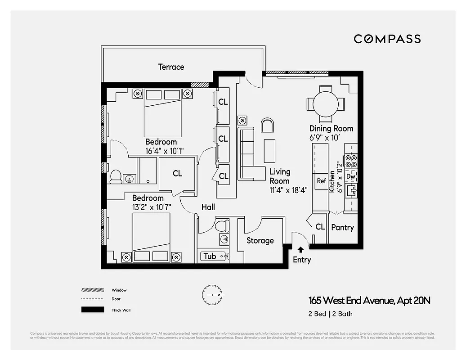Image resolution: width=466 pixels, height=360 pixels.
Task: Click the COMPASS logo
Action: (387, 39)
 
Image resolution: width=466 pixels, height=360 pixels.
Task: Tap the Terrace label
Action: (171, 67)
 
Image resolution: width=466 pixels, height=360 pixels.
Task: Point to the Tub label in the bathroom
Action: (210, 256)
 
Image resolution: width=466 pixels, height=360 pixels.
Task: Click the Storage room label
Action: (260, 241)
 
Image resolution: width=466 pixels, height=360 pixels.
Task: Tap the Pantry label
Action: (342, 228)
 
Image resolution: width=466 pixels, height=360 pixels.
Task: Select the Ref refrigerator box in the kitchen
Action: (321, 181)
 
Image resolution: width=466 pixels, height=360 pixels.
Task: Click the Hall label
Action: (208, 207)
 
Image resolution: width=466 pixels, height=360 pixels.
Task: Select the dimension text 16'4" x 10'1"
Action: (164, 151)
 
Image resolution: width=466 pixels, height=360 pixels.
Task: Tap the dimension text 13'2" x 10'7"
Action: (152, 207)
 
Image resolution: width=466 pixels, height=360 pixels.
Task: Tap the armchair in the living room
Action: (267, 126)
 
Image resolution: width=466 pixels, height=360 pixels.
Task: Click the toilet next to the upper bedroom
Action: (116, 176)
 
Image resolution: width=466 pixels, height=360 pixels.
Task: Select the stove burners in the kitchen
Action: (351, 161)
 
